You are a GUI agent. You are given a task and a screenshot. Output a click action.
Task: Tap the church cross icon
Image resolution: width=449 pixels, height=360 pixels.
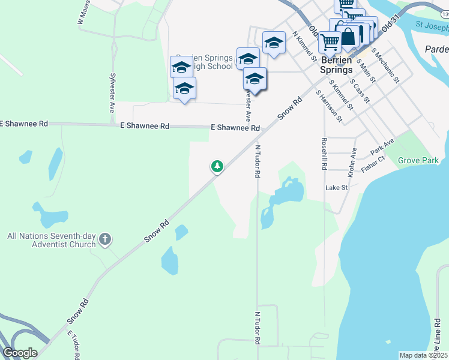[x=105, y=240]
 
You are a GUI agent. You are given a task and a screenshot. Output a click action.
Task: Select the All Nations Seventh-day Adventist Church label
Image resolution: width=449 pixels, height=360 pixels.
[x=51, y=240]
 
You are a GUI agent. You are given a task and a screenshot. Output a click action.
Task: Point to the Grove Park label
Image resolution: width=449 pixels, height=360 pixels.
[x=419, y=161]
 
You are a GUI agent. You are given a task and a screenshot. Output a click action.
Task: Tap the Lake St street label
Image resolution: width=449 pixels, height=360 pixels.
[x=337, y=188]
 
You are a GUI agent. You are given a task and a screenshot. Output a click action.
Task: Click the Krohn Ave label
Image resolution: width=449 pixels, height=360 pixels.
[x=352, y=161]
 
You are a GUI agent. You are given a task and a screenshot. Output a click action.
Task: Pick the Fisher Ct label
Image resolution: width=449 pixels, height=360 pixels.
[x=373, y=164]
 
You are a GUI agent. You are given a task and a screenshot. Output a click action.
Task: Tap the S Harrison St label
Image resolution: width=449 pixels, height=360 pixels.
[x=330, y=106]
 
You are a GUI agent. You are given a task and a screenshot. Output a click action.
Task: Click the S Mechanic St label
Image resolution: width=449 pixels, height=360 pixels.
[x=385, y=65]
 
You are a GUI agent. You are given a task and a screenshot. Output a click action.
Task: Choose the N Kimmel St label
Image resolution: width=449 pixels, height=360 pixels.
[x=304, y=47]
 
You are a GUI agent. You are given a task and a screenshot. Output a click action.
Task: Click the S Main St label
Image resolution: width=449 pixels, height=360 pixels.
[x=366, y=70]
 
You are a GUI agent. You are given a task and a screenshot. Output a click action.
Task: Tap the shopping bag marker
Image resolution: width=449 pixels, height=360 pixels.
[x=348, y=36]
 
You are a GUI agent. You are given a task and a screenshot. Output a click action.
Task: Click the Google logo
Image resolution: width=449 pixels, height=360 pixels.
[x=20, y=353]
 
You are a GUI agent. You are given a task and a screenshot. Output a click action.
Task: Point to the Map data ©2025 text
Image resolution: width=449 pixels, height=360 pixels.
[x=423, y=355]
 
